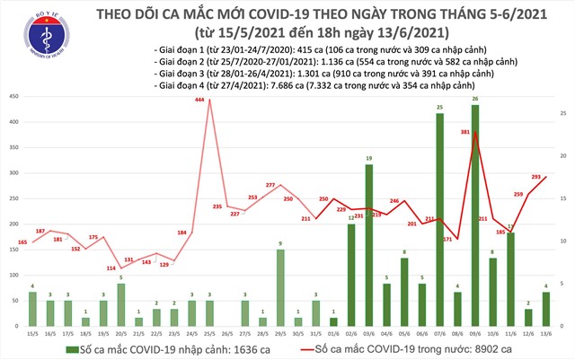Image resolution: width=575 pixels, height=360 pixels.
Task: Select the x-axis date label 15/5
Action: (33, 333)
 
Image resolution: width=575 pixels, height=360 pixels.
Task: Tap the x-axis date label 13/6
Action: (544, 333)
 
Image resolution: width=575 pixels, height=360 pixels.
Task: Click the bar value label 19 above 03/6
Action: (368, 159)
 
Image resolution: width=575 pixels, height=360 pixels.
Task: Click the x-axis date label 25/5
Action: (209, 333)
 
